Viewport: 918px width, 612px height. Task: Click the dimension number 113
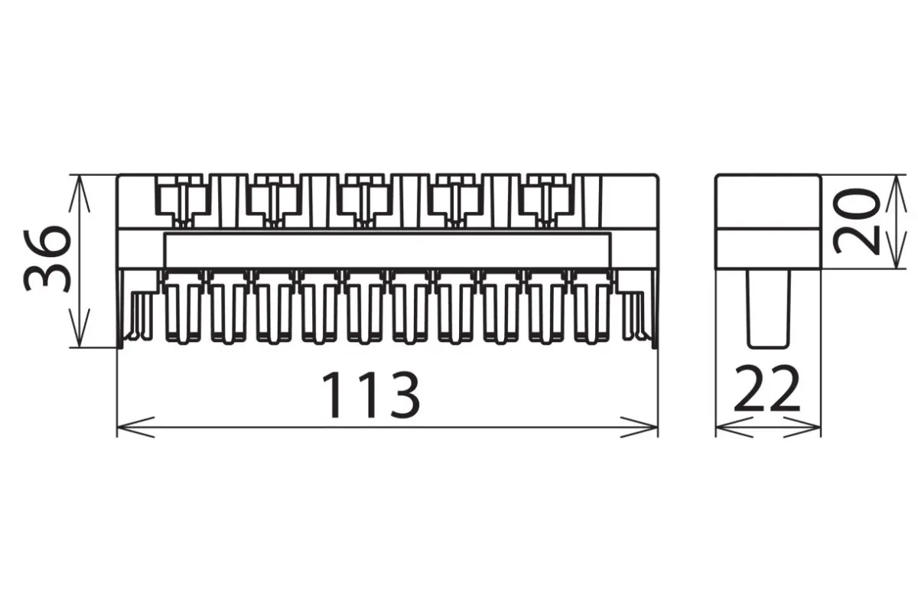point(371,394)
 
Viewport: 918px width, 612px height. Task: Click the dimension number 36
point(47,259)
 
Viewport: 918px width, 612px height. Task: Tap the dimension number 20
point(856,221)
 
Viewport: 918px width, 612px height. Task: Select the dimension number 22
point(767,389)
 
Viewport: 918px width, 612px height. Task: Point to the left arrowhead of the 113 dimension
point(135,427)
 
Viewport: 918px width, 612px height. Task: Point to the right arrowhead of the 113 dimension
point(640,427)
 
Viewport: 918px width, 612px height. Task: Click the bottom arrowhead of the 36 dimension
point(80,328)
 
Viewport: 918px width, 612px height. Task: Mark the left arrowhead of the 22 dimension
point(734,427)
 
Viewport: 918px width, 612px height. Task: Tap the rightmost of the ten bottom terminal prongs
point(592,308)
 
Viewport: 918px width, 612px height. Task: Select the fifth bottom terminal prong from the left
point(365,308)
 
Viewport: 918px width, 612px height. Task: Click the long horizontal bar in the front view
point(387,250)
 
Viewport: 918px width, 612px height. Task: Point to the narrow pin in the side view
point(768,309)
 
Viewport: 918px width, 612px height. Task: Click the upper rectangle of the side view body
point(768,201)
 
